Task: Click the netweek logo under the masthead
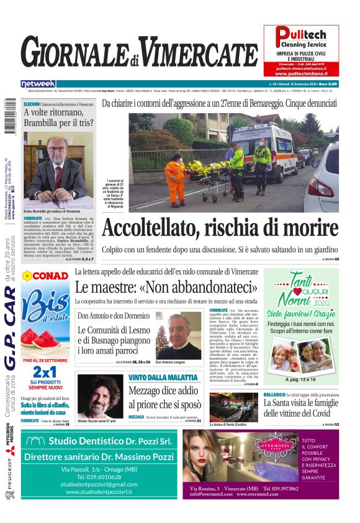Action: coord(38,83)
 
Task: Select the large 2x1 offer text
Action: coord(45,371)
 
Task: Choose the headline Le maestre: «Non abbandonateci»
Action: coord(166,288)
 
